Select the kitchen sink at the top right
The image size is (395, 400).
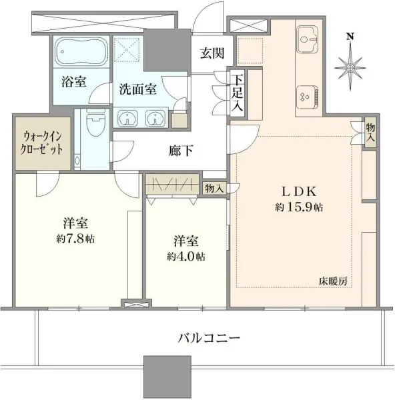point(308,37)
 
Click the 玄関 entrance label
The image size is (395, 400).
point(213,53)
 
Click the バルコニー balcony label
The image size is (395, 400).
point(209,337)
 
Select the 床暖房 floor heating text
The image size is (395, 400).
point(333,281)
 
